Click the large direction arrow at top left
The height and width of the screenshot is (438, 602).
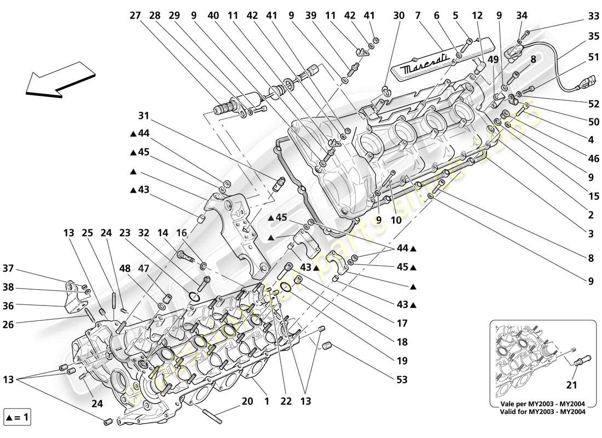tap(57, 80)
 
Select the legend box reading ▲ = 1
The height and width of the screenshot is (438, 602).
tap(17, 419)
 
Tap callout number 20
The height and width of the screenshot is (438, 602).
tap(247, 402)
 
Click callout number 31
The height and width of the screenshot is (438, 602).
tap(143, 116)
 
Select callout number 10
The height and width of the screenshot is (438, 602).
tap(396, 220)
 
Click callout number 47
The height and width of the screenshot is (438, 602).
tap(143, 269)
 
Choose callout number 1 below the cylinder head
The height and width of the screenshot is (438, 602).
tap(267, 402)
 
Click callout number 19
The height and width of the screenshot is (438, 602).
tap(402, 361)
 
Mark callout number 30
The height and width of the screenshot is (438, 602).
tap(399, 16)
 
